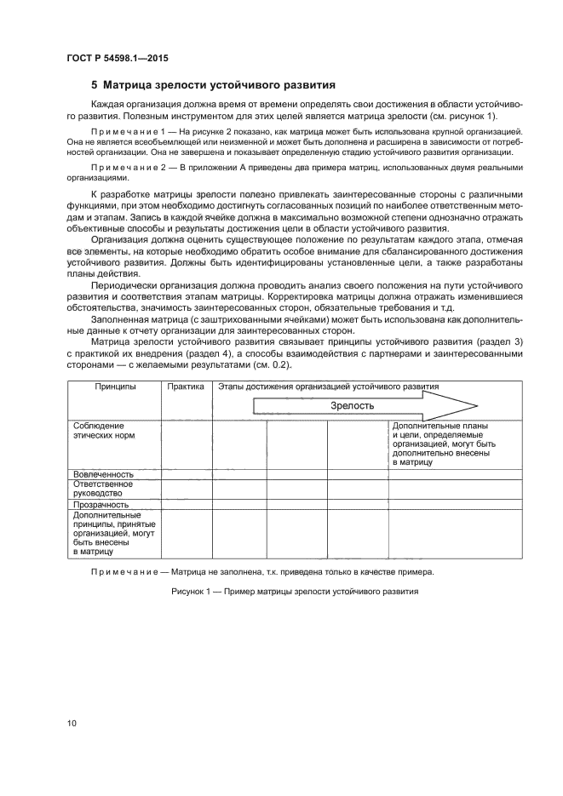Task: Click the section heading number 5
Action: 95,85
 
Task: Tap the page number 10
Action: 72,724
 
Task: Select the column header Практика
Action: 186,387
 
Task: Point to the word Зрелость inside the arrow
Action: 352,405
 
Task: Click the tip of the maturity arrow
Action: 476,404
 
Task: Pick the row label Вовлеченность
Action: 104,473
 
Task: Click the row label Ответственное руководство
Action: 99,488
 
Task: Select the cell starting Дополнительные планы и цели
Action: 443,443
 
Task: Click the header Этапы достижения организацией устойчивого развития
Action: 329,387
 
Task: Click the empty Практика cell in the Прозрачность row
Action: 186,504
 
